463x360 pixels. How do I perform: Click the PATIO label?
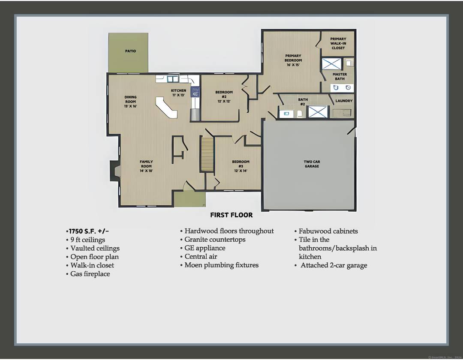[130, 51]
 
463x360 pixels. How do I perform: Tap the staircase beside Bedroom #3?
[207, 153]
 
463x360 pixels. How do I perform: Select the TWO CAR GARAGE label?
[312, 164]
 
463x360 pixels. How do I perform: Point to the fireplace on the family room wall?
[115, 171]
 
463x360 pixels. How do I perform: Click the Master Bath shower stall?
[331, 64]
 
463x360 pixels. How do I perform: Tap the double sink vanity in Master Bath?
[342, 88]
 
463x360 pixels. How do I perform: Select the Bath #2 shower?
[318, 112]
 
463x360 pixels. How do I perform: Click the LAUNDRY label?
[344, 101]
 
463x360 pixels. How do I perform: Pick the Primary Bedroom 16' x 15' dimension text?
[293, 65]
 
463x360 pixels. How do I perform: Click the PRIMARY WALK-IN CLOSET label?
[338, 43]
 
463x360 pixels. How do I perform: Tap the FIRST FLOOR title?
[231, 215]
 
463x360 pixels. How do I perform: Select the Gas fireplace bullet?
[90, 274]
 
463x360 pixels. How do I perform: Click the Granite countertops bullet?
[215, 240]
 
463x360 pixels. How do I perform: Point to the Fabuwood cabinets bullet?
[328, 231]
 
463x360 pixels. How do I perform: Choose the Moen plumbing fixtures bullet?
[221, 265]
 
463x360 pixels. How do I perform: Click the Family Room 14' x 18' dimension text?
[146, 171]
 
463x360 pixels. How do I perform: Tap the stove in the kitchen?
[195, 91]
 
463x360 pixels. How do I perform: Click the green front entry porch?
[189, 199]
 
